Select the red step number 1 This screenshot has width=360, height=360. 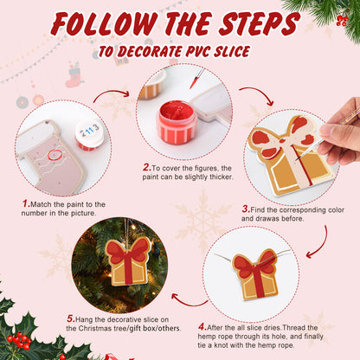coord(26,204)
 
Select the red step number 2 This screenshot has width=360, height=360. coord(147,167)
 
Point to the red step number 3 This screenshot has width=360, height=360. coord(246,208)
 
